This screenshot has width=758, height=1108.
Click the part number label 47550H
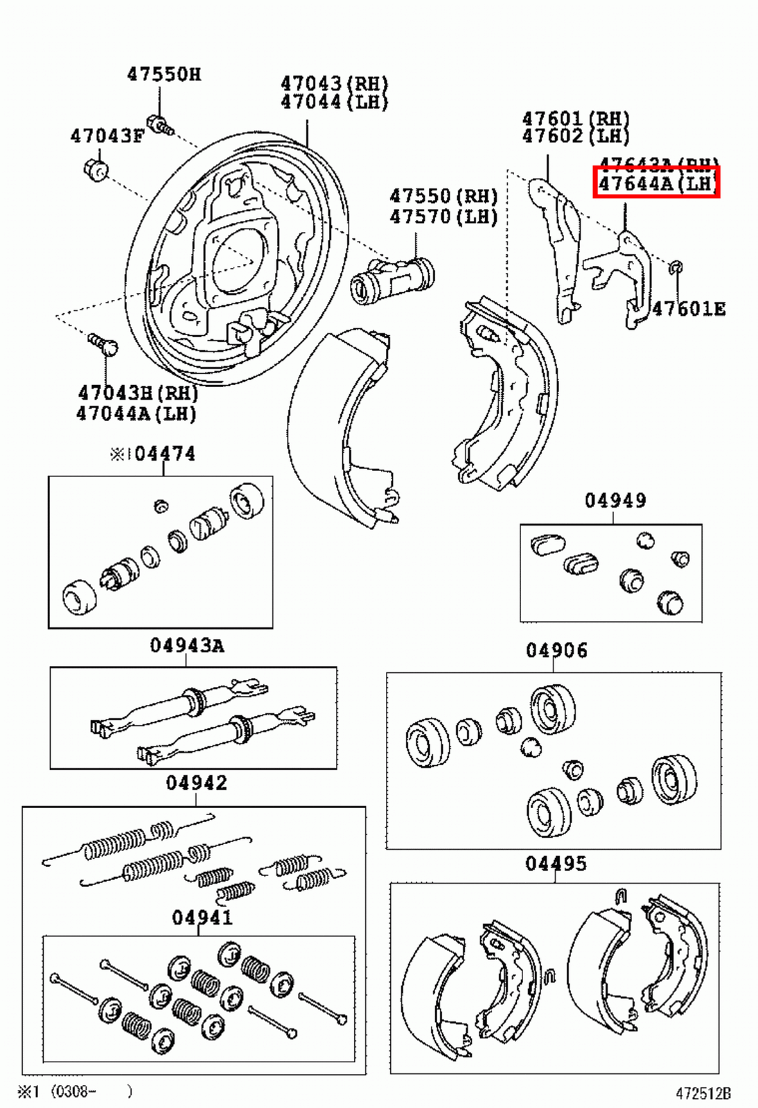[x=164, y=74]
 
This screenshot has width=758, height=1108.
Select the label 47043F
[x=107, y=136]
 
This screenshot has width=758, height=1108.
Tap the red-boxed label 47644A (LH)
[x=655, y=183]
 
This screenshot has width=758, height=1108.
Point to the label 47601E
[x=688, y=309]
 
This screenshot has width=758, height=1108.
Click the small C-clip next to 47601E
[x=677, y=267]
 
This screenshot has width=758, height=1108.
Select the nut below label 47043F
[x=95, y=168]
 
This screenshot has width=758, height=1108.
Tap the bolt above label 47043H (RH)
[x=105, y=344]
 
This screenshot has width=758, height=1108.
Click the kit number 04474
[x=165, y=454]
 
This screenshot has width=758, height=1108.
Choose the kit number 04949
[x=615, y=500]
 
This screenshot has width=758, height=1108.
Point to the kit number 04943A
[x=187, y=645]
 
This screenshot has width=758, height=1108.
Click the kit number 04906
[x=556, y=650]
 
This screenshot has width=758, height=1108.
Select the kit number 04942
[x=196, y=783]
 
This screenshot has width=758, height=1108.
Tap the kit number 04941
[x=202, y=917]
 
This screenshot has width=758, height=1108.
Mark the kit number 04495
[x=556, y=864]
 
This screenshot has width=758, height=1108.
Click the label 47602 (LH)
[x=576, y=136]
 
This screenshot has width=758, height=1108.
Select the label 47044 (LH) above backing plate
[x=334, y=102]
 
